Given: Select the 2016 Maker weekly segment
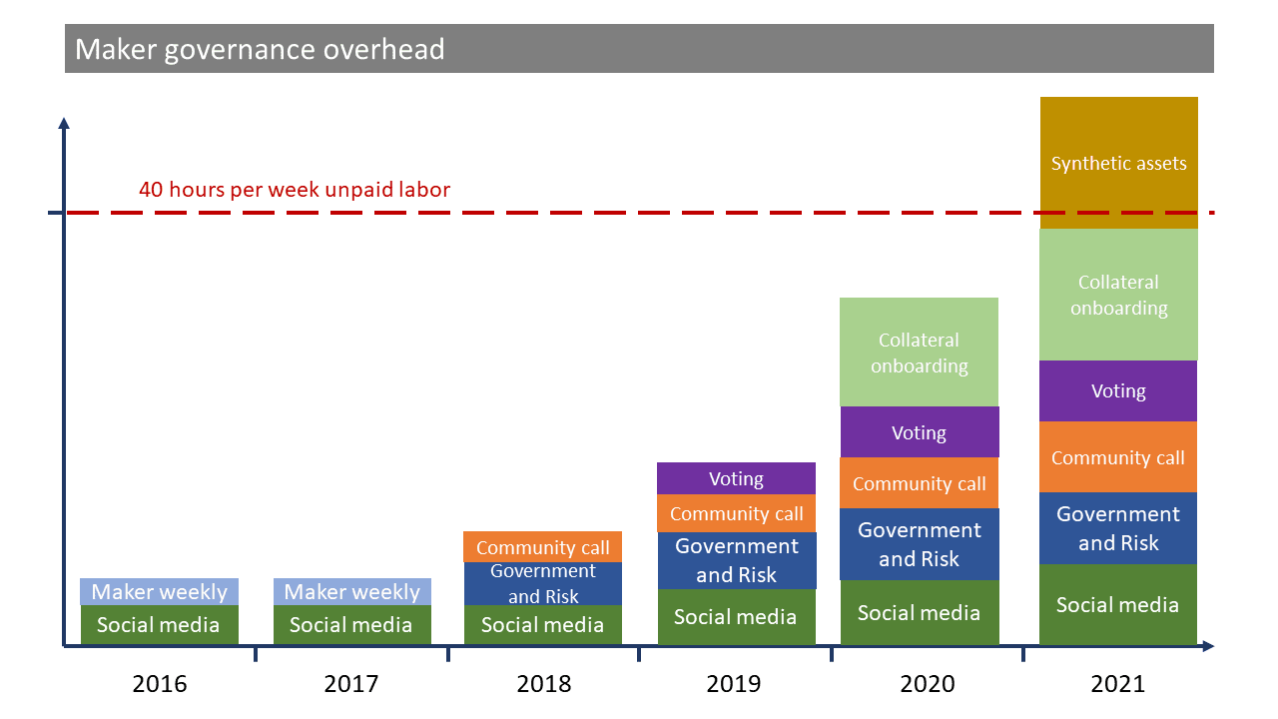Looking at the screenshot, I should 159,591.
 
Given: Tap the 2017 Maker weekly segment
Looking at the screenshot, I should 351,591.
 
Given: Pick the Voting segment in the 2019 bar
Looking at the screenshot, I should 736,478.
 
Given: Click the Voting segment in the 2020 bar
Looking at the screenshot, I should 919,432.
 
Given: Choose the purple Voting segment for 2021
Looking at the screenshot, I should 1118,390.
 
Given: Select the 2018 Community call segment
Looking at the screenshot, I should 542,547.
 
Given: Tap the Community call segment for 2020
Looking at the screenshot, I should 919,483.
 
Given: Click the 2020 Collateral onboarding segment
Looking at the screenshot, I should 919,353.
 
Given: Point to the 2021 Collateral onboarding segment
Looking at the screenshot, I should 1118,295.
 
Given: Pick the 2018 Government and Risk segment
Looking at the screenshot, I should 542,583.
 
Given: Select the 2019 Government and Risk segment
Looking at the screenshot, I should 736,560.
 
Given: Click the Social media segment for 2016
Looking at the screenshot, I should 159,625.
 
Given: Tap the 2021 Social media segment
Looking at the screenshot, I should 1118,604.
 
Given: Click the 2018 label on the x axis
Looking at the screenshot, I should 543,684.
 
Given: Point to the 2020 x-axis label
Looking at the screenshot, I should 928,684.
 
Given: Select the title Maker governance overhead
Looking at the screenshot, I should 260,49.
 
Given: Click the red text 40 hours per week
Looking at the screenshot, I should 294,189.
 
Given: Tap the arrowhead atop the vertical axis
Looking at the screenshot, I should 64,123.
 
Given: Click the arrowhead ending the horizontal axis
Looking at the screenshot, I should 1208,647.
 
